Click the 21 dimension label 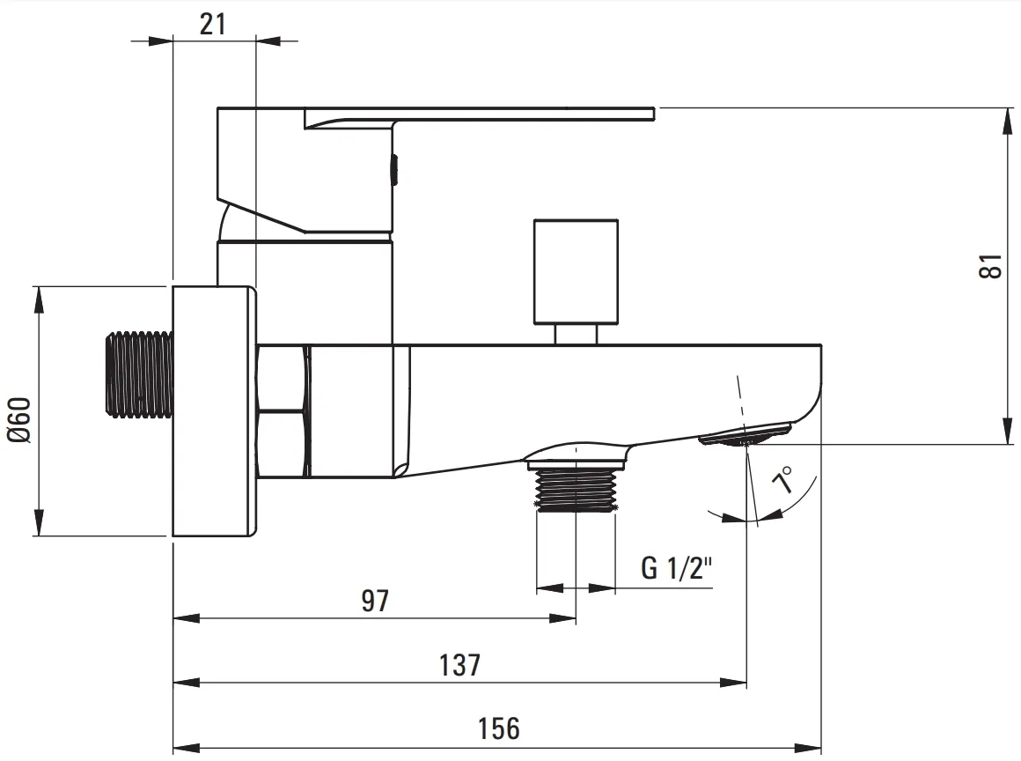(213, 24)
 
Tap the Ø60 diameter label (19, 420)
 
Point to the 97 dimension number (375, 601)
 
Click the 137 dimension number (459, 665)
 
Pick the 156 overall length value (499, 728)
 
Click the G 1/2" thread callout (677, 567)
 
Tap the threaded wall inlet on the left (139, 374)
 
